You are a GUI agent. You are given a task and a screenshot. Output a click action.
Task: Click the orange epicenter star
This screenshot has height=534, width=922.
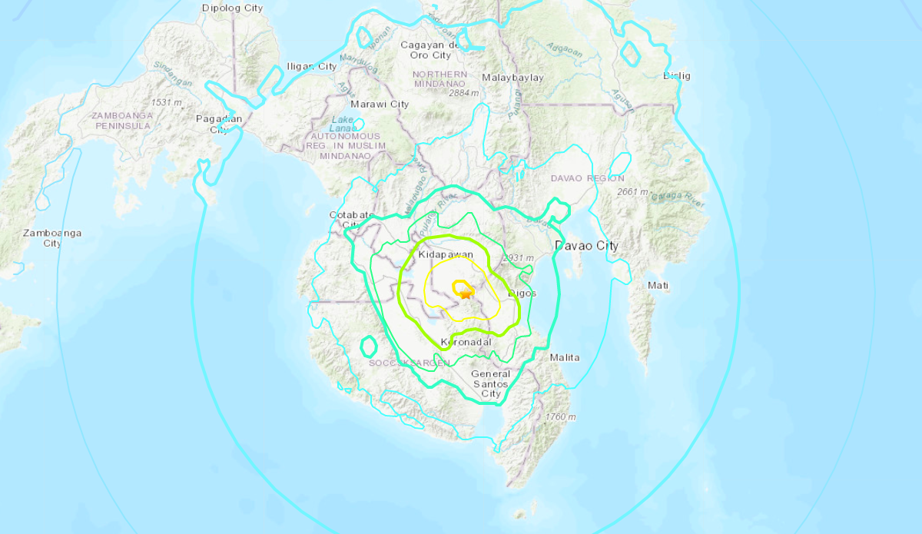coord(464,294)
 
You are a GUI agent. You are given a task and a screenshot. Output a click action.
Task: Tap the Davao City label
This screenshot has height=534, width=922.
coord(586,246)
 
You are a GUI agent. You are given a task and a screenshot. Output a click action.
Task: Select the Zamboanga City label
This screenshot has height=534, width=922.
coord(52,238)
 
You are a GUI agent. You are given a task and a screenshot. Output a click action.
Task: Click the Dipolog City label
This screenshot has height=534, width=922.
coord(232,8)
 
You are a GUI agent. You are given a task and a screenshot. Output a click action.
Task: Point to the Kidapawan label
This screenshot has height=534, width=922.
coord(446,254)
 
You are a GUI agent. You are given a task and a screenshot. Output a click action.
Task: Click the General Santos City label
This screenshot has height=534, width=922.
coord(491,383)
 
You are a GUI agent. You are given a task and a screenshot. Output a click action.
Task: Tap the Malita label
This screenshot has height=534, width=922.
coord(565,357)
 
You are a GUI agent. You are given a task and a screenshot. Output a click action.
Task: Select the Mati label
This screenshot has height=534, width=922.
coord(658,285)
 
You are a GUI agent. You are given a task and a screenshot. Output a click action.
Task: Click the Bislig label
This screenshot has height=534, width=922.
coord(678,75)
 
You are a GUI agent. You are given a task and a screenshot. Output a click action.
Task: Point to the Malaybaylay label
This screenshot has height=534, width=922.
coord(512,78)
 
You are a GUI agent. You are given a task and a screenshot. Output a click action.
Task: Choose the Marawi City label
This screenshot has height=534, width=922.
coord(380,104)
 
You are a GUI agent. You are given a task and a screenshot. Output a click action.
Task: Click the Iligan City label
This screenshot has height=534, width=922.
coord(311,67)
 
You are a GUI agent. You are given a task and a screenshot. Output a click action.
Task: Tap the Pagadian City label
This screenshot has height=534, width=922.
coord(219,124)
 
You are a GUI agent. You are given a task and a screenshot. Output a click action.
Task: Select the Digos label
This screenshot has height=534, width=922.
coord(522,294)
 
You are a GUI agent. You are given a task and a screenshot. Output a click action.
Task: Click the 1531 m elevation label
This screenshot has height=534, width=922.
coord(166,102)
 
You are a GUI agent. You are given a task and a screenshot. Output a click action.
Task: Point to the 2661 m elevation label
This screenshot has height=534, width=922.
coord(633,192)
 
